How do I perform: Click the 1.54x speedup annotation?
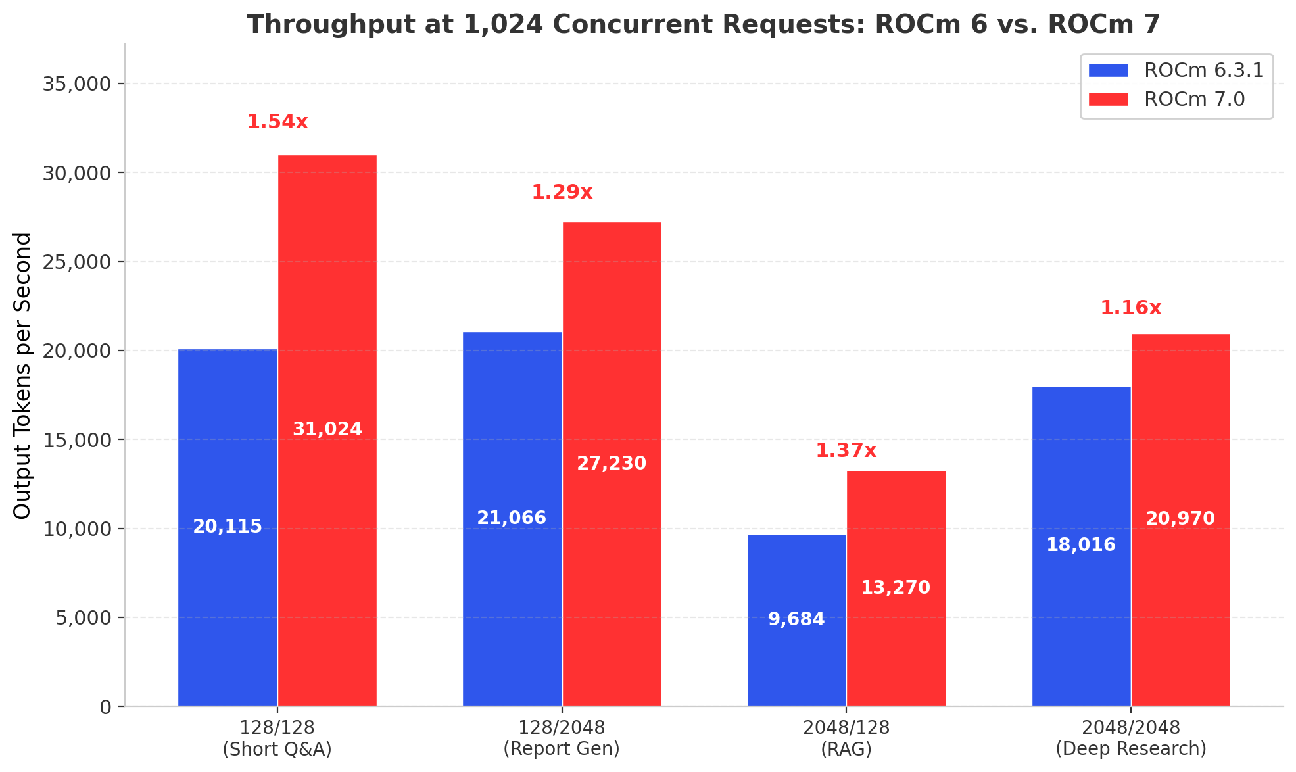[x=277, y=122]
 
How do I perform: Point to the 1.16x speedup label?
[x=1131, y=308]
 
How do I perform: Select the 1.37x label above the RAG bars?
[x=846, y=451]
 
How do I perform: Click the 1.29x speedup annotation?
[x=562, y=193]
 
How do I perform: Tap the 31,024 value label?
[x=327, y=429]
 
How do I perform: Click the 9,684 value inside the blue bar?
[x=796, y=619]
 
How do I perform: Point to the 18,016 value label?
[x=1081, y=545]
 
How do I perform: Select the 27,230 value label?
[x=612, y=464]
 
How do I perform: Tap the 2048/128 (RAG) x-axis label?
[x=846, y=738]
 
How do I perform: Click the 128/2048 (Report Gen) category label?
[x=562, y=738]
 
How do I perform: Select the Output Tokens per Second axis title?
[x=22, y=375]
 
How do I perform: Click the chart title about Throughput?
[x=704, y=25]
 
